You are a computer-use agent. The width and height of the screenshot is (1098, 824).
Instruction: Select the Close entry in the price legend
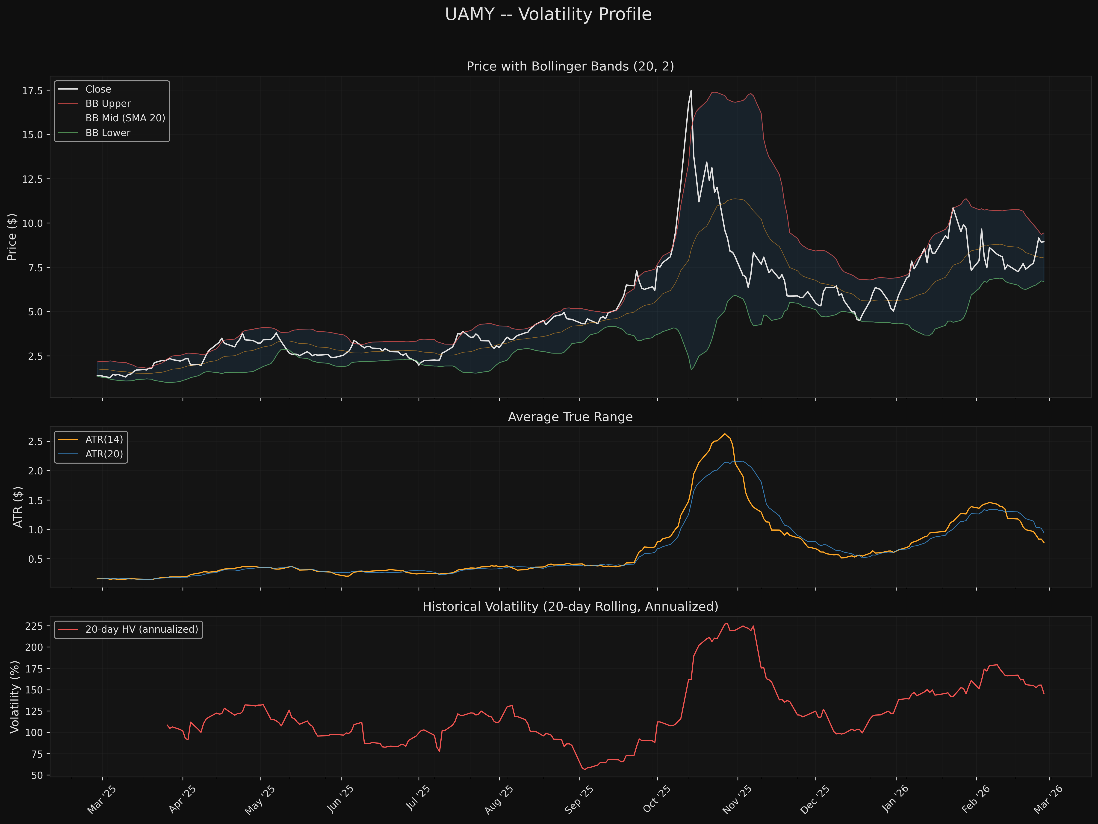coord(98,89)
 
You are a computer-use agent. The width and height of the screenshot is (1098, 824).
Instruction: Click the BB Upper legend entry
coord(108,104)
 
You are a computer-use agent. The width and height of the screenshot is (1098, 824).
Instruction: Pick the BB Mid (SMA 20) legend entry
coord(125,118)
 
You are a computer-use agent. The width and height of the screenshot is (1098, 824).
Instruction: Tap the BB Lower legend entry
coord(108,133)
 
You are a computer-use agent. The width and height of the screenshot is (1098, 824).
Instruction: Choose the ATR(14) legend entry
coord(104,440)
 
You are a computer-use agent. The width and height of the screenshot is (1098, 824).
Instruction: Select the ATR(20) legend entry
coord(104,454)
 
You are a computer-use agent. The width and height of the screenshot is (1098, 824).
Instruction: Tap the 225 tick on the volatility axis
coord(34,626)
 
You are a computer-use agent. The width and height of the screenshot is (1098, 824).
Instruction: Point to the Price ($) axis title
coord(12,237)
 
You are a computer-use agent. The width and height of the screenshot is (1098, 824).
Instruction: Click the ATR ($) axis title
coord(18,507)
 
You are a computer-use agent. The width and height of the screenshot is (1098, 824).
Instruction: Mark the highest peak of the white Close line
coord(691,91)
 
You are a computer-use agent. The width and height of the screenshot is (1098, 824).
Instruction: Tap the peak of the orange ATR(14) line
coord(725,434)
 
